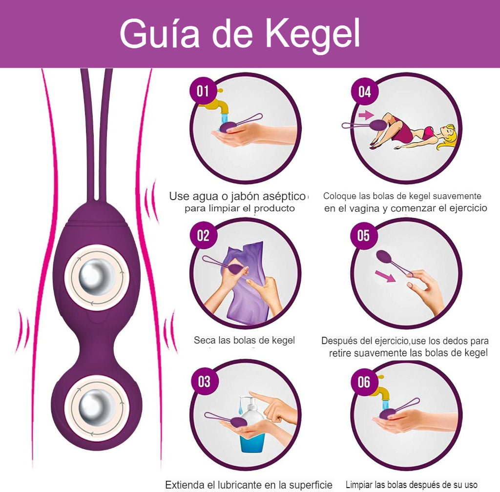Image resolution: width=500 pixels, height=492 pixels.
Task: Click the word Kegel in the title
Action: [313, 33]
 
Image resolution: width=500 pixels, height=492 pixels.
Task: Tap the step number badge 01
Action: [203, 91]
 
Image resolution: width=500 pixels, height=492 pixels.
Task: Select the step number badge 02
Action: [203, 236]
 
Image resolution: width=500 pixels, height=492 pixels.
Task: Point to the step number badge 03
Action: [205, 381]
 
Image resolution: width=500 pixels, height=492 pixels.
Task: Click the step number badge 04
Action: [364, 92]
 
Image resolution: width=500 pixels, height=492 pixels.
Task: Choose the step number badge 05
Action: [363, 236]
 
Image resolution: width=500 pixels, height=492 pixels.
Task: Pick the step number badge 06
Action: [364, 382]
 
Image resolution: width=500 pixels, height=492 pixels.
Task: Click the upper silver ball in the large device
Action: [97, 277]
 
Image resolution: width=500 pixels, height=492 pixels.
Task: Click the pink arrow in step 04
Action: [366, 115]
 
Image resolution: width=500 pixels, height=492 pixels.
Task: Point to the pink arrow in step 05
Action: [385, 276]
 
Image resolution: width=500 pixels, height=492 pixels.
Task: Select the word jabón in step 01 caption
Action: [245, 196]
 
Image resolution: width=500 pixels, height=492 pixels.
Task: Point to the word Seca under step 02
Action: [205, 340]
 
